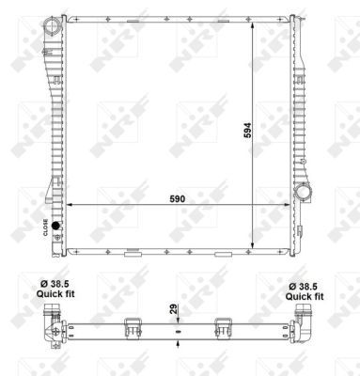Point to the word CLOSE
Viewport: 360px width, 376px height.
[45, 226]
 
